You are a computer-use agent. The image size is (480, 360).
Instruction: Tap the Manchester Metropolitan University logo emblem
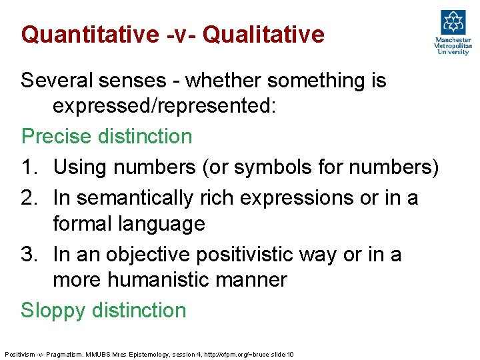click(x=453, y=23)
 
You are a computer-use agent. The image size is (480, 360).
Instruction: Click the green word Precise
click(x=56, y=137)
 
